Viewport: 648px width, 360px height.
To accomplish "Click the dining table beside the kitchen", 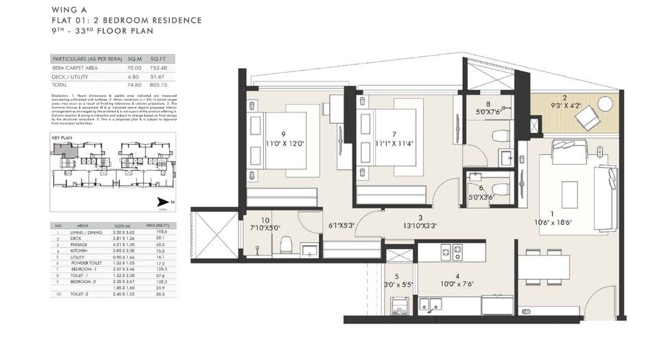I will point(544,266).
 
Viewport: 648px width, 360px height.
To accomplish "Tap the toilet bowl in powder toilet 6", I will point(499,188).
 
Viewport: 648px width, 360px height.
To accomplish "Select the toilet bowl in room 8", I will point(500,132).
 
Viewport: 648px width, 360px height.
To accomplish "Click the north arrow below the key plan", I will point(163,202).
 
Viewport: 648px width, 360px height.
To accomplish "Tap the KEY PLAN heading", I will point(63,137).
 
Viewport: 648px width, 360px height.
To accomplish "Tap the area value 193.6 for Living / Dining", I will point(161,232).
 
